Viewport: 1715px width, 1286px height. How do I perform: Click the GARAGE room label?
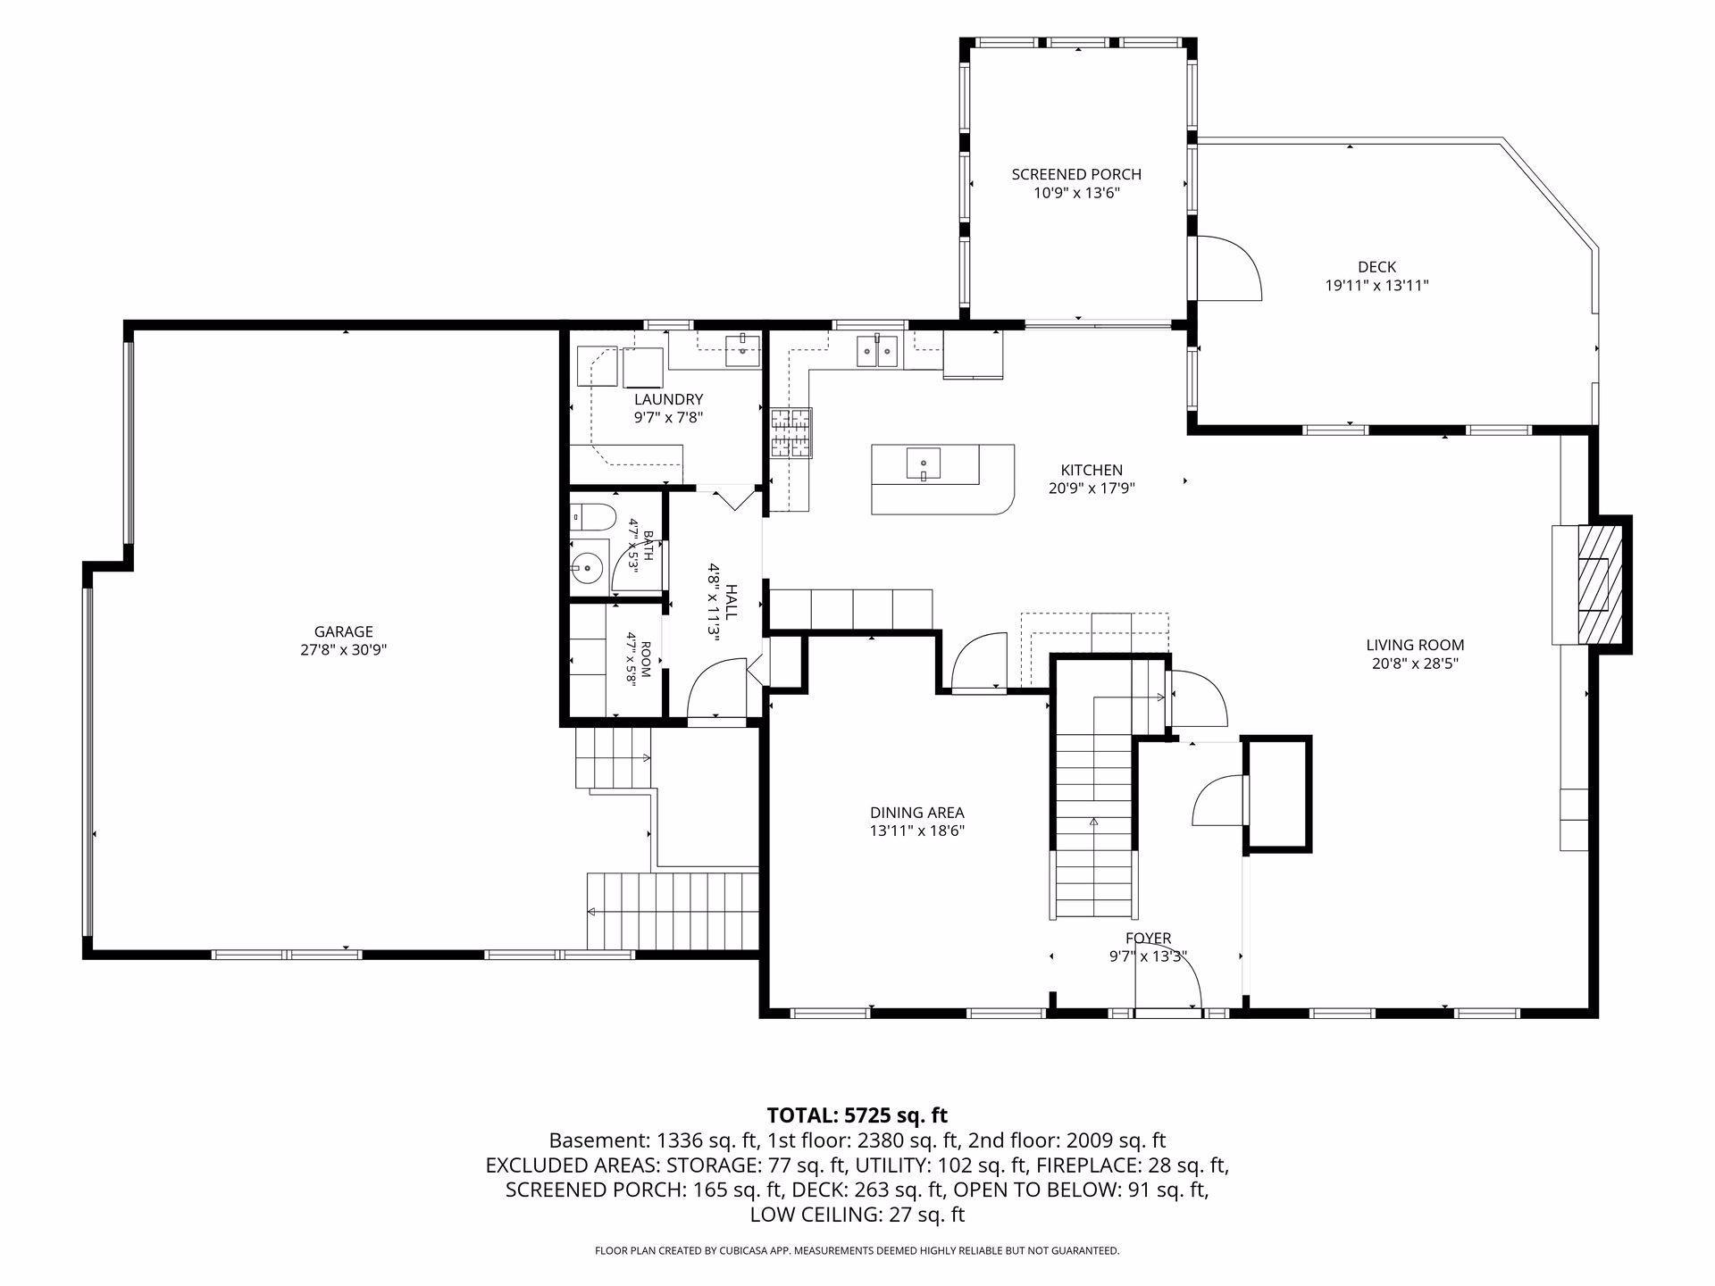click(344, 632)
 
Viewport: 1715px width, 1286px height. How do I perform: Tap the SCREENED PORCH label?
click(1076, 175)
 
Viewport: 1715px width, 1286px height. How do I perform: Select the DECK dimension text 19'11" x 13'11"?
click(1376, 286)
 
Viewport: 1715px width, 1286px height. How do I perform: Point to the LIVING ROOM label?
click(1415, 645)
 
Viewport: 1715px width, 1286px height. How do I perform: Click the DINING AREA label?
click(917, 813)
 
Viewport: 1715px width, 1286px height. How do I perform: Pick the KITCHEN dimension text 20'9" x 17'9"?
click(1092, 489)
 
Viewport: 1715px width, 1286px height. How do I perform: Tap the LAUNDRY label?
click(669, 399)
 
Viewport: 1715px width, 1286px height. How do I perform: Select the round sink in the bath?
click(588, 565)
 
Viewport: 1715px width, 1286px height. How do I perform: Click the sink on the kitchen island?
click(924, 464)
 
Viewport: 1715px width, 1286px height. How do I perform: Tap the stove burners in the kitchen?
click(791, 433)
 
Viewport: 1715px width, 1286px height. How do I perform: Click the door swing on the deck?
click(1229, 268)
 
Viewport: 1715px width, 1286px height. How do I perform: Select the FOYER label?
click(1148, 939)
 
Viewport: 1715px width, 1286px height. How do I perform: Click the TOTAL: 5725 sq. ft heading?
click(857, 1115)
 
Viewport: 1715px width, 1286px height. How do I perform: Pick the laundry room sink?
click(742, 349)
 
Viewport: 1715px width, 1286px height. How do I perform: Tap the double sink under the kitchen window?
click(877, 350)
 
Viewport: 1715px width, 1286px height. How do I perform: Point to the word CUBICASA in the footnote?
click(742, 1251)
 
